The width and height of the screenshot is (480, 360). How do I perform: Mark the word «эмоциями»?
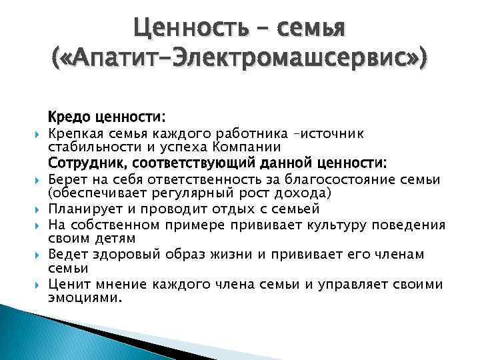pos(85,298)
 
